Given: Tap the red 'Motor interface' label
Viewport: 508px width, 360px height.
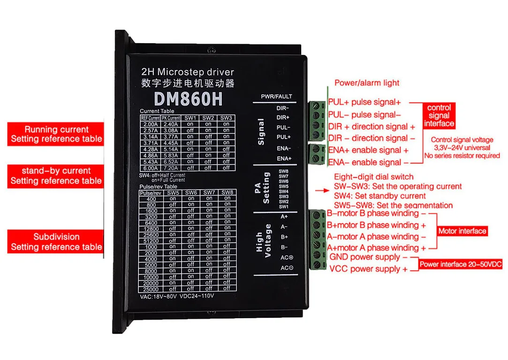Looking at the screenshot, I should coord(462,231).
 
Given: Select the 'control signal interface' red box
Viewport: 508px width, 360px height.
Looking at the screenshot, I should coord(439,115).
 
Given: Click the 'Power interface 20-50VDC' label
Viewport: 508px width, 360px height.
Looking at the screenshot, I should coord(460,264).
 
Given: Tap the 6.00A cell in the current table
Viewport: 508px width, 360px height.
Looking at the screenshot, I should coord(151,168).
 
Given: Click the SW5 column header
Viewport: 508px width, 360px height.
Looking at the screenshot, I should coord(173,192).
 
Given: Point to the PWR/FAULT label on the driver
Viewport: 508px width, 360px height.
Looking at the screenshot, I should coord(276,97).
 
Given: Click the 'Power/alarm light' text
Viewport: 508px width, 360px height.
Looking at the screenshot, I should coord(367,83).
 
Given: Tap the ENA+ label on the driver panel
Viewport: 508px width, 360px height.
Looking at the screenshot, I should coord(284,159).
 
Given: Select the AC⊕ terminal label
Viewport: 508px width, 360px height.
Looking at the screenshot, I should coord(287,257).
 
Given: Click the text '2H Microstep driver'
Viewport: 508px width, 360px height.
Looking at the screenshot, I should coord(187,72).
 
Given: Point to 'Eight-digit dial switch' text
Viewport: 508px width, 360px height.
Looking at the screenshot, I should coord(373,177).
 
